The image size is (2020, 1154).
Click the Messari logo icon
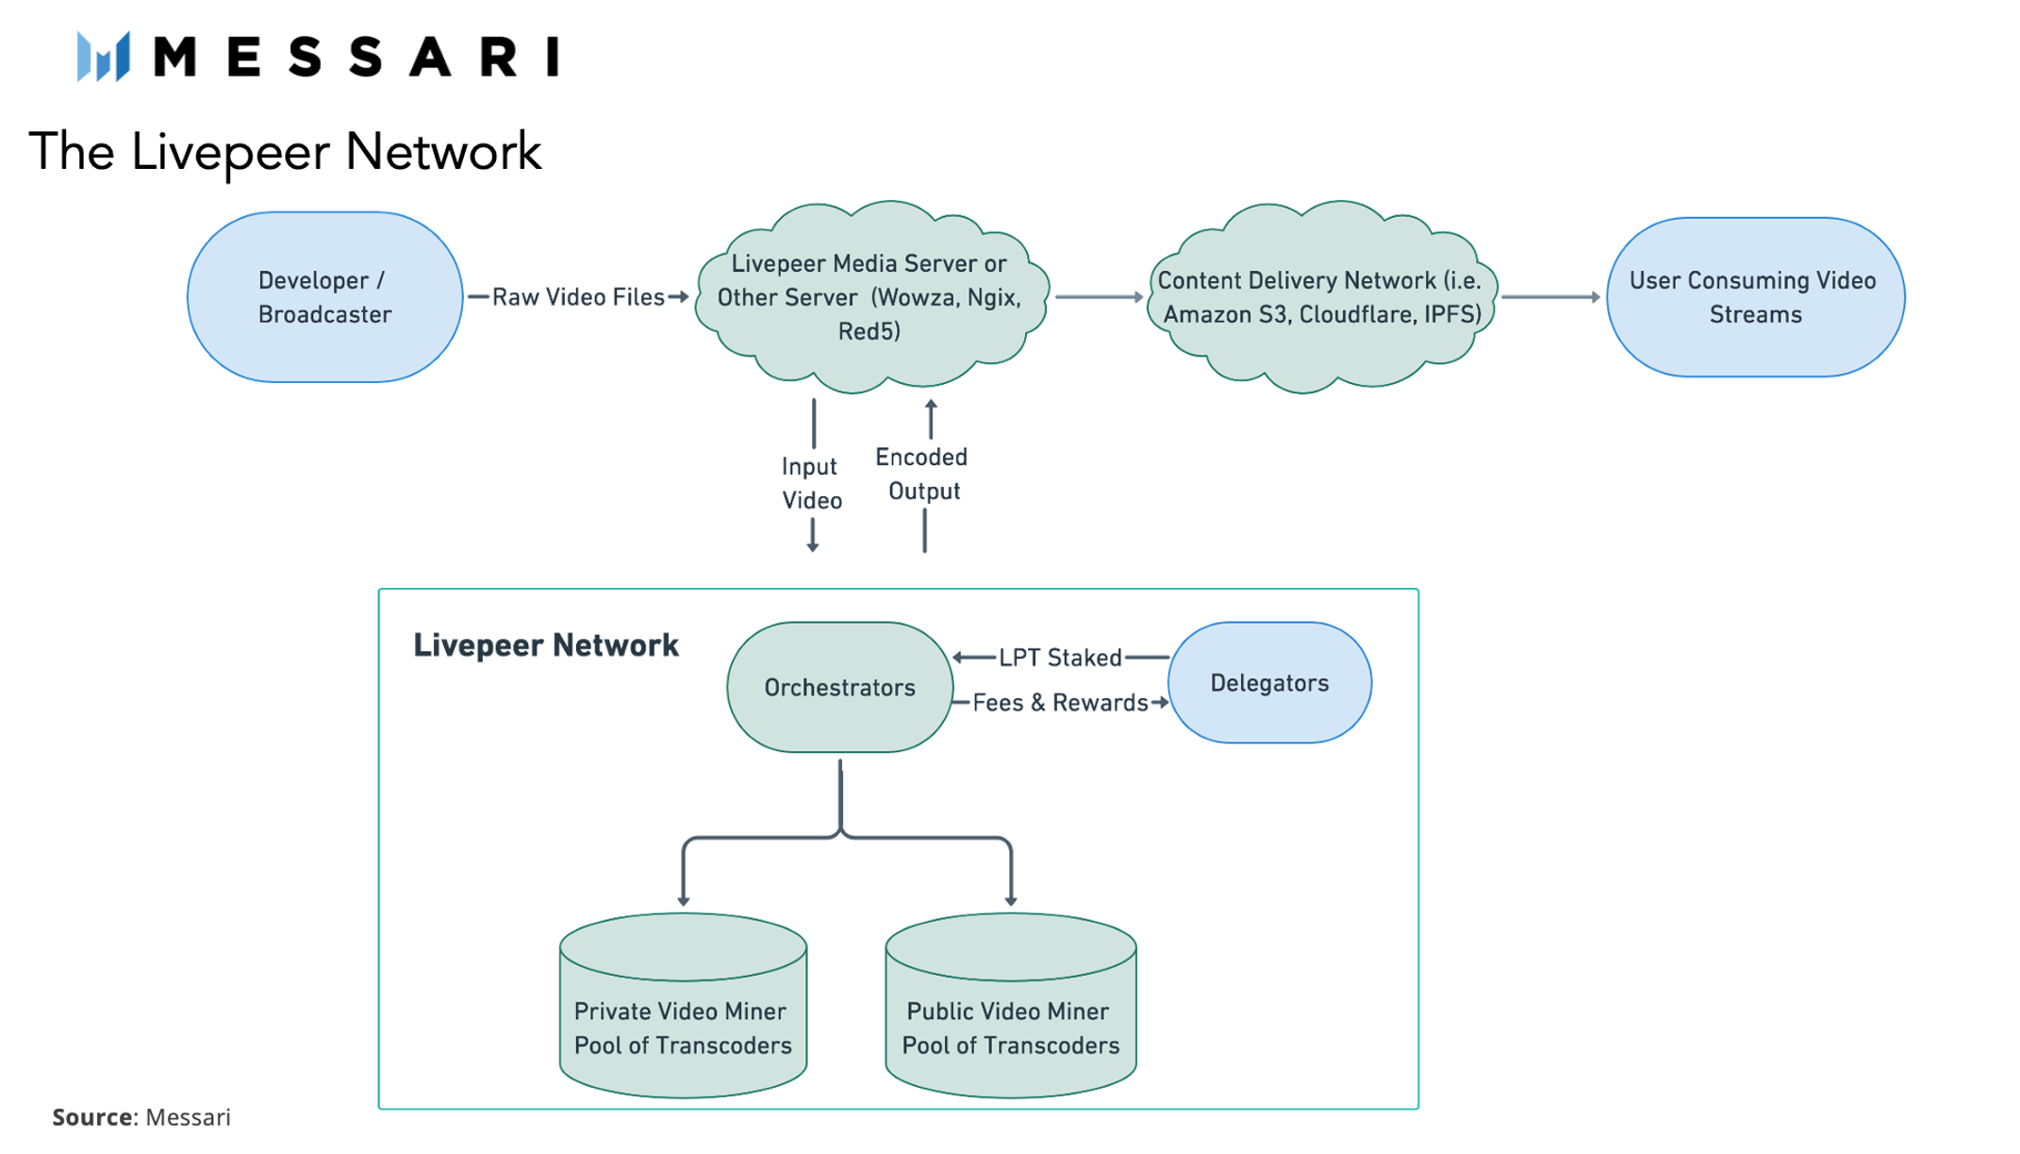[x=103, y=56]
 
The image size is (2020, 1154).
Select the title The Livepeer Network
[x=285, y=152]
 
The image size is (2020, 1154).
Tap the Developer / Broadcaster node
[x=324, y=297]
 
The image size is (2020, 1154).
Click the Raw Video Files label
[x=578, y=297]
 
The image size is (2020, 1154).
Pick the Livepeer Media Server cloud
[x=870, y=296]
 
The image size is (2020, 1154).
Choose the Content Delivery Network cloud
[x=1321, y=296]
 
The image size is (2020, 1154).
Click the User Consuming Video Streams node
[x=1754, y=297]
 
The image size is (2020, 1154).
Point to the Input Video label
[x=811, y=483]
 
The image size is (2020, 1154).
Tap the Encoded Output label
[x=922, y=474]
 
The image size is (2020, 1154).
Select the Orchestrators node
[x=839, y=687]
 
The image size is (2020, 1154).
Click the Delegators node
[x=1269, y=682]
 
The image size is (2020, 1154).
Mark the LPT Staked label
[x=1060, y=658]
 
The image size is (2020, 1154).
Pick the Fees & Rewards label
[x=1060, y=703]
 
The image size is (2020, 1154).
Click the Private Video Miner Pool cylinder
[x=683, y=1006]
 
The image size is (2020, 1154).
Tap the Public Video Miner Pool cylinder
[x=1011, y=1006]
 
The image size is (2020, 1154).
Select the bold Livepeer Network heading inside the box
[x=546, y=645]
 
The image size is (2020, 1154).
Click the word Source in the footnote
[x=92, y=1117]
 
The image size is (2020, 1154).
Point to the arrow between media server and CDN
[x=1100, y=297]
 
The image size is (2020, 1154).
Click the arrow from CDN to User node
[x=1551, y=297]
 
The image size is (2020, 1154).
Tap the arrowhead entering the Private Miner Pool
[x=684, y=902]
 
